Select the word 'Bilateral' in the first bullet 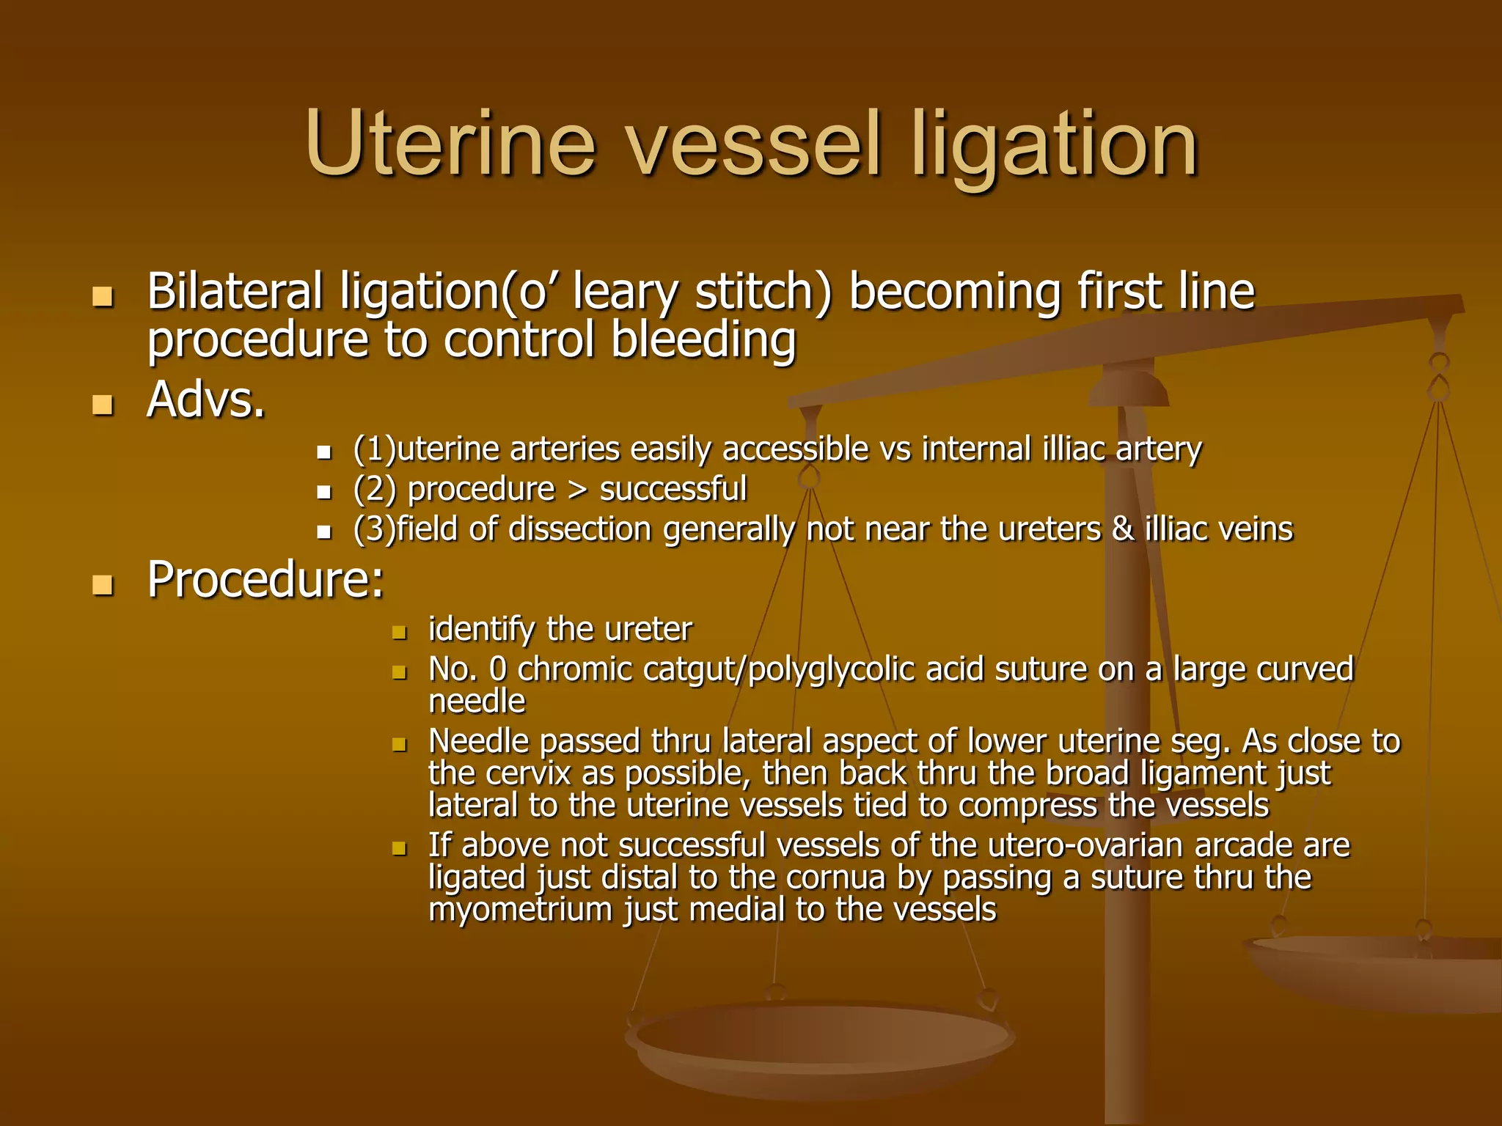coord(235,291)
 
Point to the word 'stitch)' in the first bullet coord(763,292)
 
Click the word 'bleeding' coord(703,341)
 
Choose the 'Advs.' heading coord(206,400)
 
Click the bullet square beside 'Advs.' coord(103,405)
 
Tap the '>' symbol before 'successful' coord(578,489)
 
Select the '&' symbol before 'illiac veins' coord(1123,529)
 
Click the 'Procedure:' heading coord(265,580)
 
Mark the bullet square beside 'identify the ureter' coord(399,632)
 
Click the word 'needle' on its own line coord(477,702)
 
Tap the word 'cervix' coord(528,773)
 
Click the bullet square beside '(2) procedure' coord(324,492)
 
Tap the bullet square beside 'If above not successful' coord(399,849)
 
